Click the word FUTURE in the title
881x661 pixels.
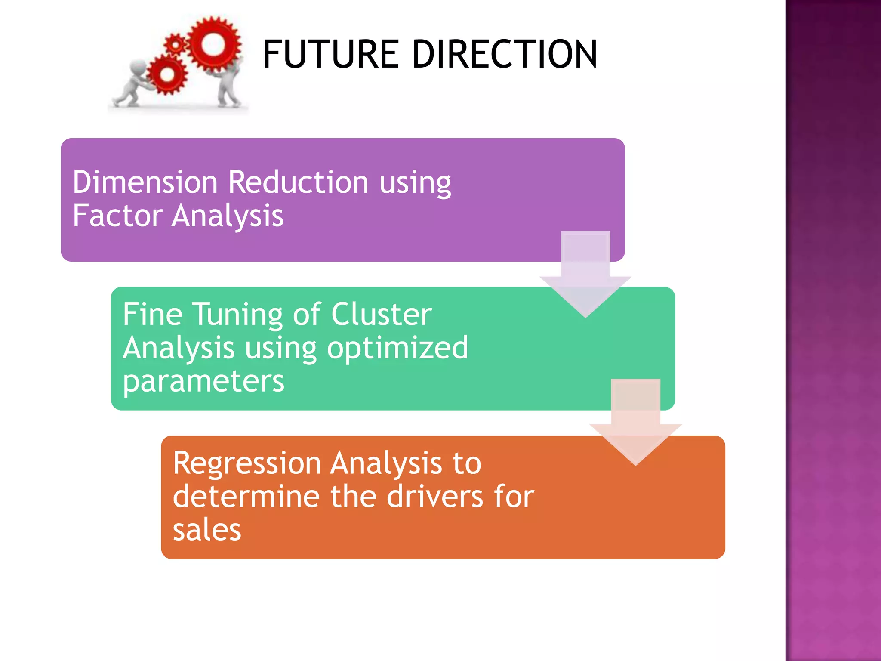(x=331, y=54)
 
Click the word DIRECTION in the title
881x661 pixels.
(x=505, y=54)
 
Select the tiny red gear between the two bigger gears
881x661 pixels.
(x=175, y=44)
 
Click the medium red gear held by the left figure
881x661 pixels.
(x=167, y=75)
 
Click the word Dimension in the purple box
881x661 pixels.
(x=145, y=182)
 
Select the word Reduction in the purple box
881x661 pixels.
(x=298, y=182)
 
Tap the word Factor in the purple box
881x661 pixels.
(x=117, y=216)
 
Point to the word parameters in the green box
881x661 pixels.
(x=203, y=381)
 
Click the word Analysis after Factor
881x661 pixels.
(x=228, y=216)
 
